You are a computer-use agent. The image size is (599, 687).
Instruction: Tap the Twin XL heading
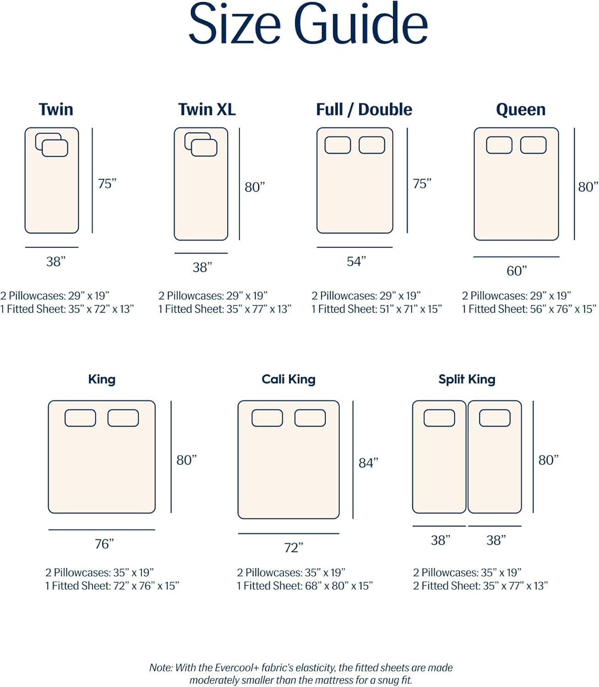(207, 109)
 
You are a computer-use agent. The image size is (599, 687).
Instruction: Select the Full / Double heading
(364, 109)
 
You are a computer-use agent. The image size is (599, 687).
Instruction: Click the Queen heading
(521, 109)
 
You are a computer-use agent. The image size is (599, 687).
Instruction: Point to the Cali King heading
(289, 379)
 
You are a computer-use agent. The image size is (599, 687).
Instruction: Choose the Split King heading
(467, 379)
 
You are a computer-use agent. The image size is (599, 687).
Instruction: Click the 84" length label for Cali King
(368, 463)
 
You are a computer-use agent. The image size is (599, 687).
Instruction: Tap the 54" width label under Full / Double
(356, 262)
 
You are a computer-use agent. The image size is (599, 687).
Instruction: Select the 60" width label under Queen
(517, 271)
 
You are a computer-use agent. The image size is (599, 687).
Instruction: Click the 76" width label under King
(104, 544)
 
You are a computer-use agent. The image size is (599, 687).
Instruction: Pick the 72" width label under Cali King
(294, 548)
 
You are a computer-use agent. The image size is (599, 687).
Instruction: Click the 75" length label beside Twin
(107, 184)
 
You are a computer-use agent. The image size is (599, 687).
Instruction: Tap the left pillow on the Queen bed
(499, 145)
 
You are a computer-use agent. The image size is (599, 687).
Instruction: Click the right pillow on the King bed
(123, 418)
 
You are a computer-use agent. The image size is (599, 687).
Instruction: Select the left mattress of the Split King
(439, 463)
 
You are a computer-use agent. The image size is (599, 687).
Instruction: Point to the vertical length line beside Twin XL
(240, 183)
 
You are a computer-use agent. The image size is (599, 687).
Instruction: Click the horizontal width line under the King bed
(102, 530)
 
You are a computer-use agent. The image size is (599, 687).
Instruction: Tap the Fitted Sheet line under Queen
(529, 309)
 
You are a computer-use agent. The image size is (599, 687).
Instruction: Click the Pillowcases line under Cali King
(291, 572)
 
